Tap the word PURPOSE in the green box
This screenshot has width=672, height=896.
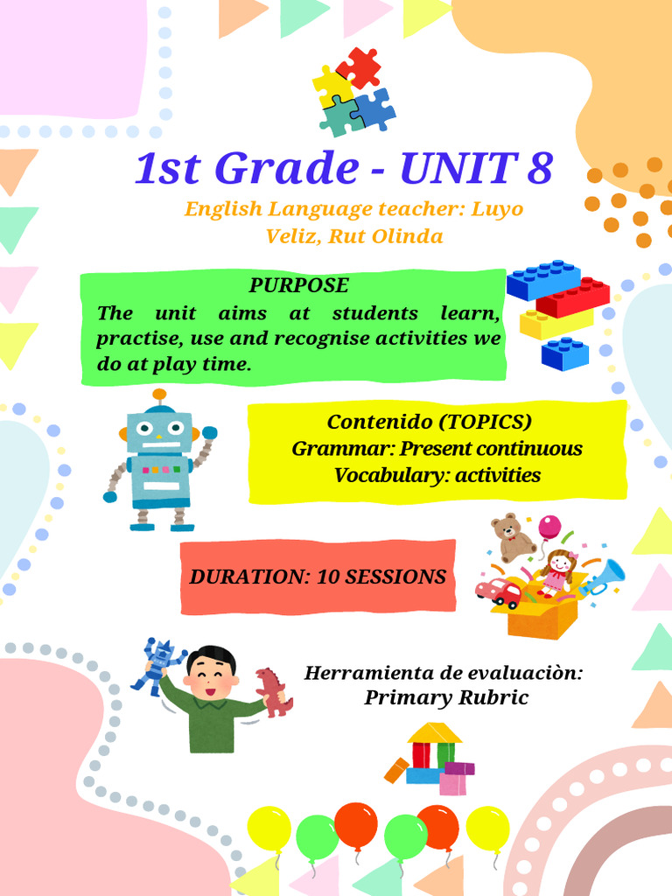click(x=298, y=285)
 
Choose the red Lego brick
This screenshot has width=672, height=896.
click(x=573, y=297)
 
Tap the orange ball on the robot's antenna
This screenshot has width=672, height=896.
click(x=159, y=395)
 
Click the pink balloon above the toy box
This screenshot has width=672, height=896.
click(x=549, y=527)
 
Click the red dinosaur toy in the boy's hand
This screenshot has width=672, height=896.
click(x=273, y=691)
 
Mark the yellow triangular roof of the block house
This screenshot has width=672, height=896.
click(x=435, y=732)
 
